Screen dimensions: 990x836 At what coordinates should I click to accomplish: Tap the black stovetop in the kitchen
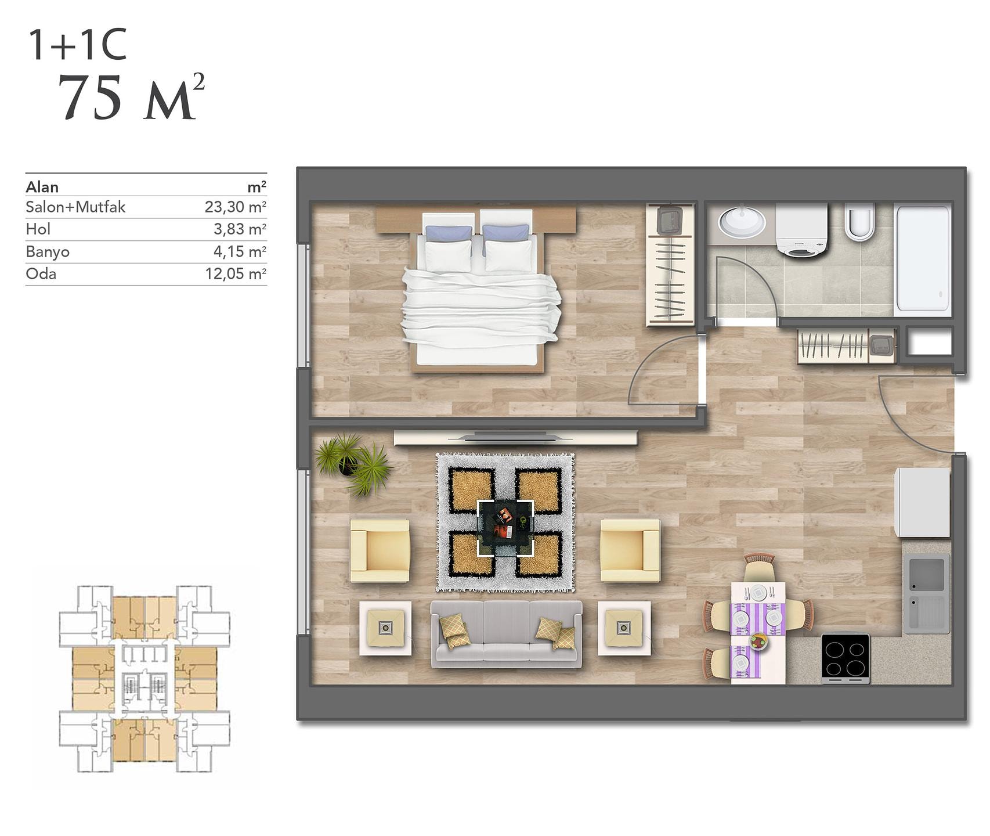pos(846,658)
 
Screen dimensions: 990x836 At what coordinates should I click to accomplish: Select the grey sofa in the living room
pos(506,634)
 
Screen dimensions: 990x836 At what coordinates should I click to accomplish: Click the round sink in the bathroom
pos(742,221)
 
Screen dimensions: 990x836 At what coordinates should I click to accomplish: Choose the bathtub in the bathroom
pos(923,258)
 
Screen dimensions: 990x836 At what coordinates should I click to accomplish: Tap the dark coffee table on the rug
pos(505,528)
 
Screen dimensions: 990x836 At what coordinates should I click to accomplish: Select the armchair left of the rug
pos(380,550)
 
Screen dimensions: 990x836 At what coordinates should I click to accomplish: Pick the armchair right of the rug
pos(630,550)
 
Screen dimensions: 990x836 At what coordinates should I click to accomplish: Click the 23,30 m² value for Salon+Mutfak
pos(235,207)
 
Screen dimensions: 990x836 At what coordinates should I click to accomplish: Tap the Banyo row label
pos(48,252)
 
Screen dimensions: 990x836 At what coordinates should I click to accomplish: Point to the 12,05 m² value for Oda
pos(235,273)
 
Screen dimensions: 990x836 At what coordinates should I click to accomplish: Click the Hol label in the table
pos(38,229)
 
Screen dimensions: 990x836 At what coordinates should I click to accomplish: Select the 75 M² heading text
pos(132,98)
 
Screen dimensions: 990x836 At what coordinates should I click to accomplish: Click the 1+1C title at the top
pos(77,45)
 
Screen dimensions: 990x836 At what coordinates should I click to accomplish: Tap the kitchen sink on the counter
pos(927,593)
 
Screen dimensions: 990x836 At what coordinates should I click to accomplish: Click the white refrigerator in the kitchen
pos(922,503)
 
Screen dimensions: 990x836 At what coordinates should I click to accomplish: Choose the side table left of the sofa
pos(385,628)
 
